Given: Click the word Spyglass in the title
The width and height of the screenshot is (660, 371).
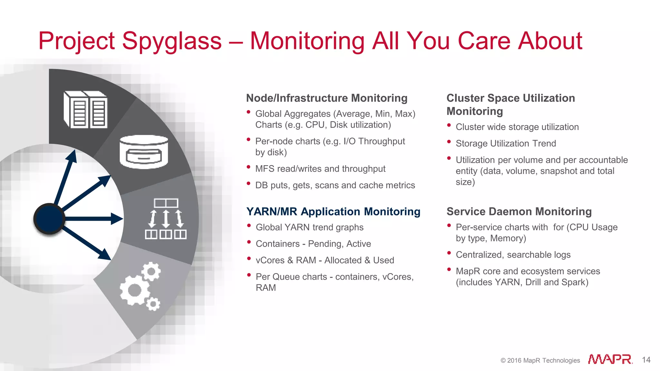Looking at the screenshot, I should [x=172, y=41].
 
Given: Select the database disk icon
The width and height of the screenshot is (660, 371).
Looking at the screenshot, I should [x=144, y=152].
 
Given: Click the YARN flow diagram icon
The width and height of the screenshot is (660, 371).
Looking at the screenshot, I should [x=166, y=219].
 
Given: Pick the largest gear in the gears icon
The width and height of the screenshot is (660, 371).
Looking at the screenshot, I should [x=135, y=290].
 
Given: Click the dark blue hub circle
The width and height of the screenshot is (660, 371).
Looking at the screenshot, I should [x=49, y=219].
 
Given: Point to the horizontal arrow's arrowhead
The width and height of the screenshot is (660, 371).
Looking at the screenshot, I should [x=117, y=219].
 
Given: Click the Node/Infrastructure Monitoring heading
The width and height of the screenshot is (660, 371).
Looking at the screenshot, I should [x=326, y=98].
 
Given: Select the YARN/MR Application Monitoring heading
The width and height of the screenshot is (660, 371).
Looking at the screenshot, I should [x=333, y=212].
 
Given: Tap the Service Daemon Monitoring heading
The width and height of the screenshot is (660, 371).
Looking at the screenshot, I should [x=519, y=212].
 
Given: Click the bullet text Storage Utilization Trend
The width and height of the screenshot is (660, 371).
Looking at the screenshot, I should [x=506, y=143].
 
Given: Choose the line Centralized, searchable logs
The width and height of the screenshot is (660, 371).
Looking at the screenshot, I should [x=513, y=255].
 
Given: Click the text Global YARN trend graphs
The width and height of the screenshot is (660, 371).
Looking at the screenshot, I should [x=309, y=227].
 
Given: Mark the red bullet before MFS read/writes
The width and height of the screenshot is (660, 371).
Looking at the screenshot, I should [x=248, y=167].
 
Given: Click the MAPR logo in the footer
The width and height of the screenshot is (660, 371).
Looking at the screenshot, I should [x=610, y=359].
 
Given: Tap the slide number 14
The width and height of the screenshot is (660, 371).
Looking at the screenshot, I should [x=646, y=360].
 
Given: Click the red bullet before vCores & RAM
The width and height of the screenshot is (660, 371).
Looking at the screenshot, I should [x=249, y=258].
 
